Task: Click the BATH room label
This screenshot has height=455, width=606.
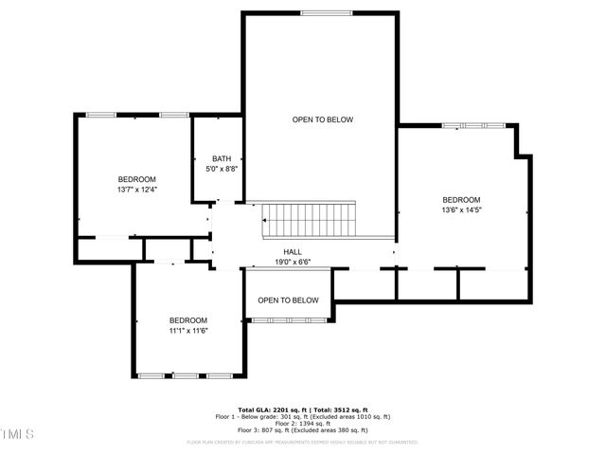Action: pyautogui.click(x=222, y=158)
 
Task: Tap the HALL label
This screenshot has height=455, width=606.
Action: pyautogui.click(x=293, y=251)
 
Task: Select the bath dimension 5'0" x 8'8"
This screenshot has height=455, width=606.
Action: pyautogui.click(x=222, y=169)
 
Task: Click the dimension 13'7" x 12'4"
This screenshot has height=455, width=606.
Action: pyautogui.click(x=137, y=190)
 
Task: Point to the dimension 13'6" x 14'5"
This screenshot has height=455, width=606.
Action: pyautogui.click(x=461, y=209)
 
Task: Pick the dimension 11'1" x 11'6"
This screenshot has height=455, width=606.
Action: pyautogui.click(x=188, y=331)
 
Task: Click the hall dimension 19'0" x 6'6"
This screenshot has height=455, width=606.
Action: pyautogui.click(x=293, y=262)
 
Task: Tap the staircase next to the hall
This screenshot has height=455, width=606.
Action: pyautogui.click(x=310, y=220)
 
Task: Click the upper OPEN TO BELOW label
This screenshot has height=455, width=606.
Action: pyautogui.click(x=322, y=119)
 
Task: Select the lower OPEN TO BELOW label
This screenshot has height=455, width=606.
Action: pyautogui.click(x=289, y=300)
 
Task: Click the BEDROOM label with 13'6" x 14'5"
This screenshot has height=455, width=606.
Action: pyautogui.click(x=461, y=199)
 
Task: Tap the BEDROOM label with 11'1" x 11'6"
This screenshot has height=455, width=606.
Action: pyautogui.click(x=188, y=320)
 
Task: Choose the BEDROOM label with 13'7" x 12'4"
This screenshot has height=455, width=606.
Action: pyautogui.click(x=137, y=179)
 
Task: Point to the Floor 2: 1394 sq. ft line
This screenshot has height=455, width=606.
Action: pyautogui.click(x=302, y=423)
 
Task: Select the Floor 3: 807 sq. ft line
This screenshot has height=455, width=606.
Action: pyautogui.click(x=302, y=429)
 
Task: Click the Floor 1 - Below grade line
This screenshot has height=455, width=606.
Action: pyautogui.click(x=302, y=416)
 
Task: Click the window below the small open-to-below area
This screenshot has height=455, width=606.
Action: pyautogui.click(x=289, y=321)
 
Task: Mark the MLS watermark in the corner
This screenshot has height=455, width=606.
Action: pyautogui.click(x=17, y=434)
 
